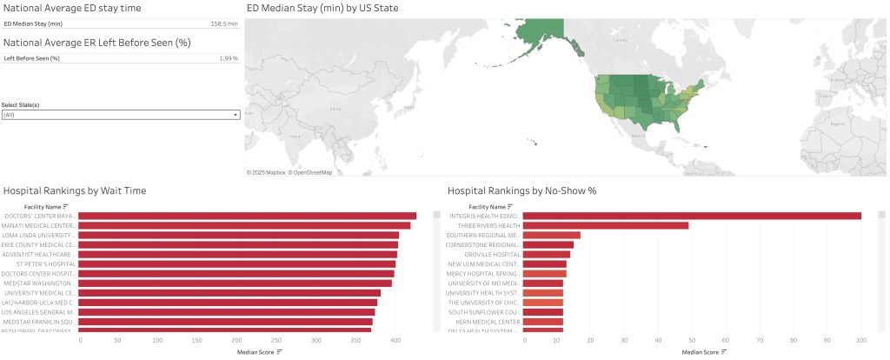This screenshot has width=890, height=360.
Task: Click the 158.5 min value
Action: (x=224, y=24)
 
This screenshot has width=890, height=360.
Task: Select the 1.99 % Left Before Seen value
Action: (x=228, y=58)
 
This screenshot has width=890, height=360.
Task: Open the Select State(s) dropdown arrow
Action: (x=235, y=115)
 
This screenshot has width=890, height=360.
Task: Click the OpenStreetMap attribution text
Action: (x=310, y=172)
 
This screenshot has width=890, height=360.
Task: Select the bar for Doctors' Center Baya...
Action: (x=248, y=216)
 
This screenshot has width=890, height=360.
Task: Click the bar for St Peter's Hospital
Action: (x=237, y=263)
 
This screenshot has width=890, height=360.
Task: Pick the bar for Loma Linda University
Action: (x=239, y=235)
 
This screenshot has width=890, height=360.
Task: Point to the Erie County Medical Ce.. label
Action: (x=42, y=244)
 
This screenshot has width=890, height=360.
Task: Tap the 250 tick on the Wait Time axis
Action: (x=276, y=340)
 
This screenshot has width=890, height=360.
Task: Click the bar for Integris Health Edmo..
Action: (x=692, y=216)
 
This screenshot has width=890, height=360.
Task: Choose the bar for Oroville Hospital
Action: (x=547, y=254)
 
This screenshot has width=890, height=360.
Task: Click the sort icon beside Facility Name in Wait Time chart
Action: (x=66, y=206)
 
